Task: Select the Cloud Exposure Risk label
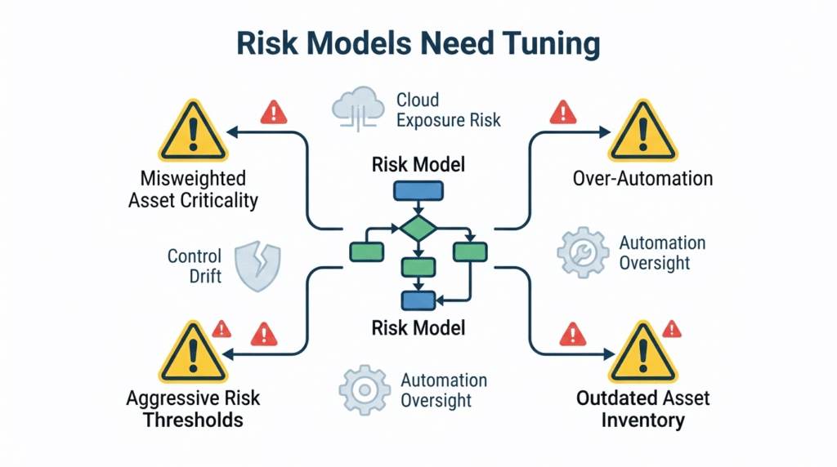pyautogui.click(x=448, y=110)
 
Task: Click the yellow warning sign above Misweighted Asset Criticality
pyautogui.click(x=191, y=132)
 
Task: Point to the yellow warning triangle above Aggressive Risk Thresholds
pyautogui.click(x=191, y=354)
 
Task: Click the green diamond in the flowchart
pyautogui.click(x=418, y=228)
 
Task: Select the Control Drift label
pyautogui.click(x=194, y=266)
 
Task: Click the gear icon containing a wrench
pyautogui.click(x=583, y=253)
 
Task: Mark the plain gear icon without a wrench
pyautogui.click(x=364, y=390)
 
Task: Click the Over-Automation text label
pyautogui.click(x=643, y=178)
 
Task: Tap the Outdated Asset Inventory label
pyautogui.click(x=643, y=409)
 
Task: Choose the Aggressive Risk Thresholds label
pyautogui.click(x=193, y=409)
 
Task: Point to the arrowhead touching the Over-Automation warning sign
pyautogui.click(x=605, y=132)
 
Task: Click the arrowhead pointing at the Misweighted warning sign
pyautogui.click(x=232, y=132)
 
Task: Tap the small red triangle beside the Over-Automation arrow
pyautogui.click(x=562, y=111)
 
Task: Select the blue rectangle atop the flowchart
pyautogui.click(x=418, y=190)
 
